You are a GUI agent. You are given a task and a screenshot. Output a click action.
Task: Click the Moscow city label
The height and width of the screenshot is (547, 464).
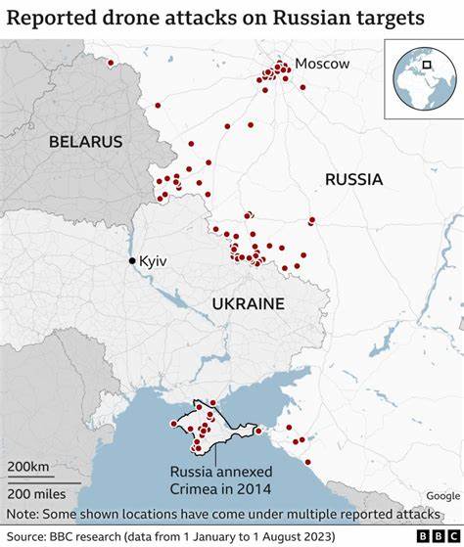[x=322, y=64]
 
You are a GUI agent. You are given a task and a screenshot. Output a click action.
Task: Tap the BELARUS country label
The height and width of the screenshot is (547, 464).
[x=86, y=142]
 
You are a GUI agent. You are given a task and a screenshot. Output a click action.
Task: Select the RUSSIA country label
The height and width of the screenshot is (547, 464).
[x=353, y=179]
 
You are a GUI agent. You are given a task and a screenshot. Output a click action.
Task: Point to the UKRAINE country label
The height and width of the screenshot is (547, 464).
[x=248, y=304]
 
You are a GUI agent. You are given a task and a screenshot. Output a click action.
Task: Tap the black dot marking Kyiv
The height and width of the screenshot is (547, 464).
[x=132, y=260]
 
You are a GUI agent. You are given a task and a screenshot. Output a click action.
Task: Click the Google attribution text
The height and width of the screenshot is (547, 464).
[x=442, y=496]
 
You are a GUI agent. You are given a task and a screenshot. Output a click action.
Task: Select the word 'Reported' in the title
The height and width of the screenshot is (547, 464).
[x=52, y=18]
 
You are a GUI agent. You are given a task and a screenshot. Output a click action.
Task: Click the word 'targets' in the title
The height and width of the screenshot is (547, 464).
[x=388, y=18]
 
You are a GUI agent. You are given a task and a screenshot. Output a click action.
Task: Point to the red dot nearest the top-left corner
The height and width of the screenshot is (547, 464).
[x=111, y=64]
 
